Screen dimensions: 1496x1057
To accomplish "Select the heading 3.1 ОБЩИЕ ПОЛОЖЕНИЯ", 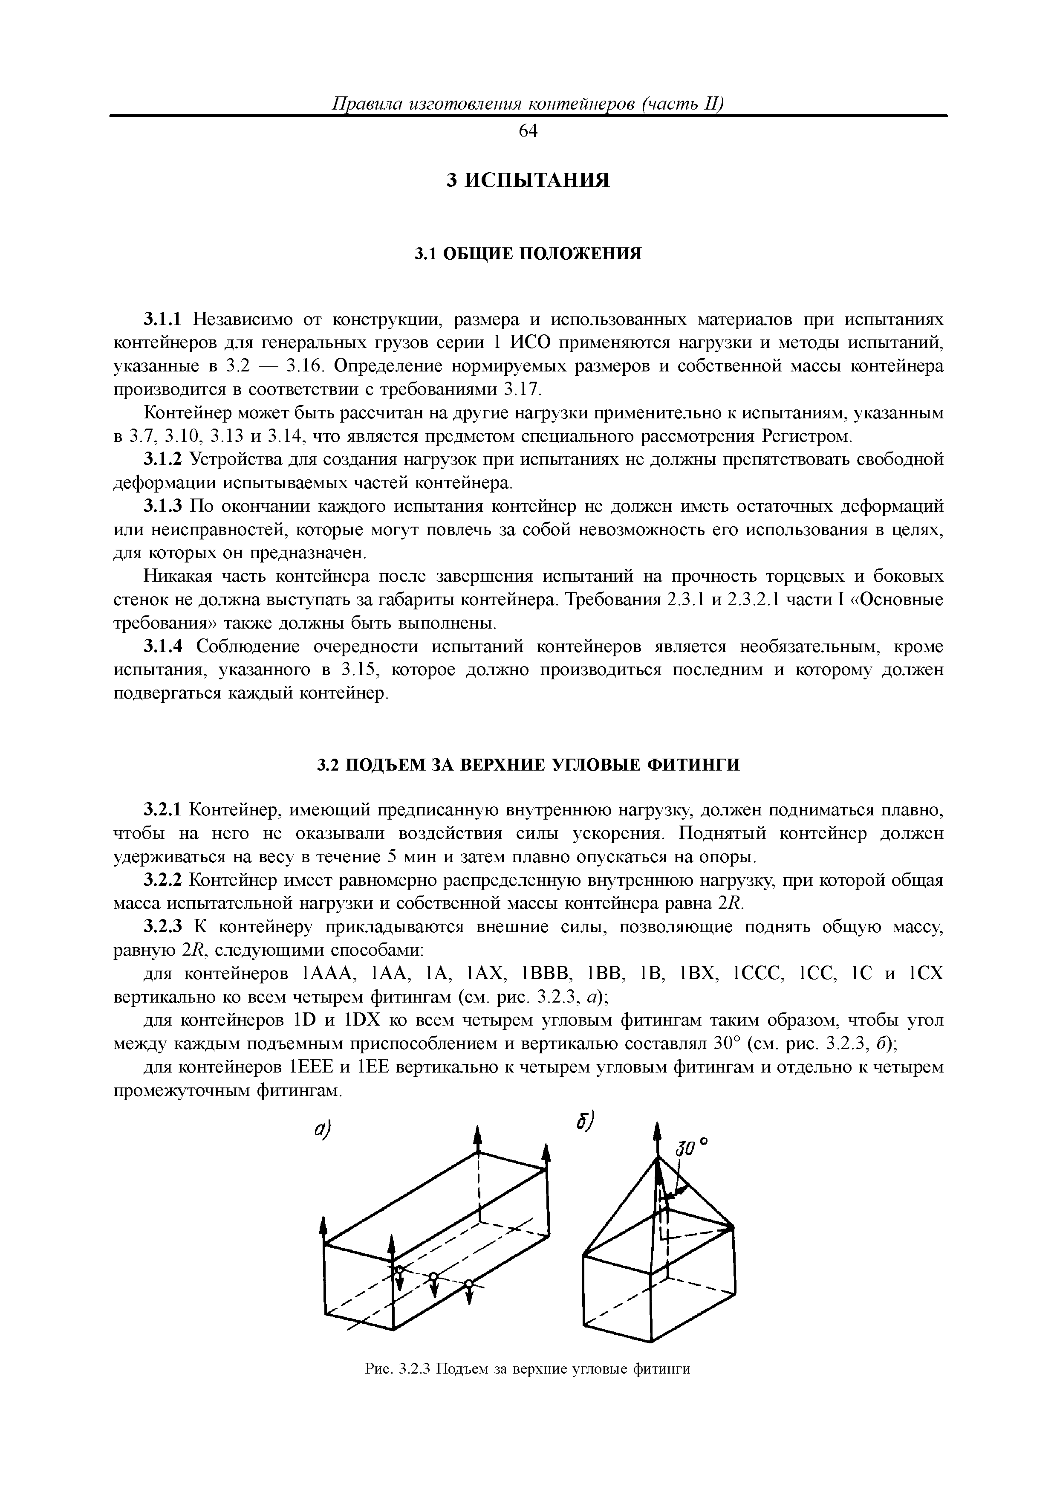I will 528,253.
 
